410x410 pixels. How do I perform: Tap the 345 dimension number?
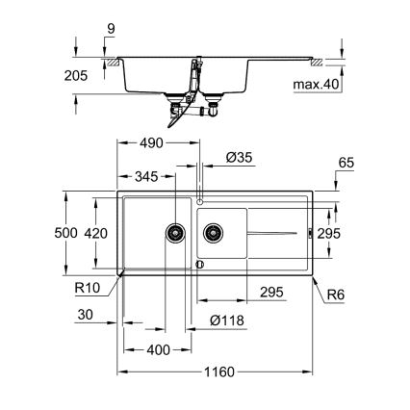tap(146, 177)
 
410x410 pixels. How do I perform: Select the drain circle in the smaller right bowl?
tap(212, 231)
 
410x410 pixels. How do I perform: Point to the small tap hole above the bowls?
tap(199, 201)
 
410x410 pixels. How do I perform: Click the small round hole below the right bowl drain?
tap(199, 265)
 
